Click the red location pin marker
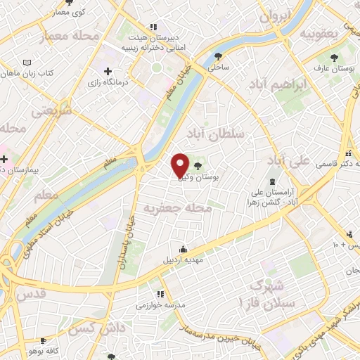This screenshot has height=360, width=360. pyautogui.click(x=181, y=165)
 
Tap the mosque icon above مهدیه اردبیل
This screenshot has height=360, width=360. pyautogui.click(x=183, y=249)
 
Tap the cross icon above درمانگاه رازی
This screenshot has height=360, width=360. pyautogui.click(x=108, y=71)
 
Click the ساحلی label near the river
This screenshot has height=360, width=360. pyautogui.click(x=219, y=68)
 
